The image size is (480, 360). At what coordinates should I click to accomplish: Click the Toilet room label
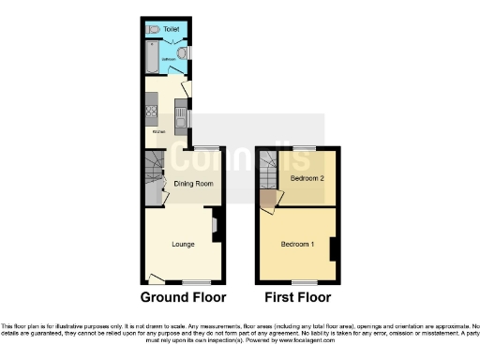pyautogui.click(x=171, y=30)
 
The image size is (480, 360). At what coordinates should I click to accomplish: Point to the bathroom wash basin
pyautogui.click(x=183, y=53)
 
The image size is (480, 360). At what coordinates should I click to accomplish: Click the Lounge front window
pyautogui.click(x=195, y=281)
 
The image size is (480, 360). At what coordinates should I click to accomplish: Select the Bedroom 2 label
pyautogui.click(x=307, y=178)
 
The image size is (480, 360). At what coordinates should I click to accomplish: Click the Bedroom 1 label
pyautogui.click(x=298, y=245)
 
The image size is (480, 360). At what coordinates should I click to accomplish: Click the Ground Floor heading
pyautogui.click(x=183, y=298)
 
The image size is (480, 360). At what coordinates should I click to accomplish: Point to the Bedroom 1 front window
pyautogui.click(x=305, y=281)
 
